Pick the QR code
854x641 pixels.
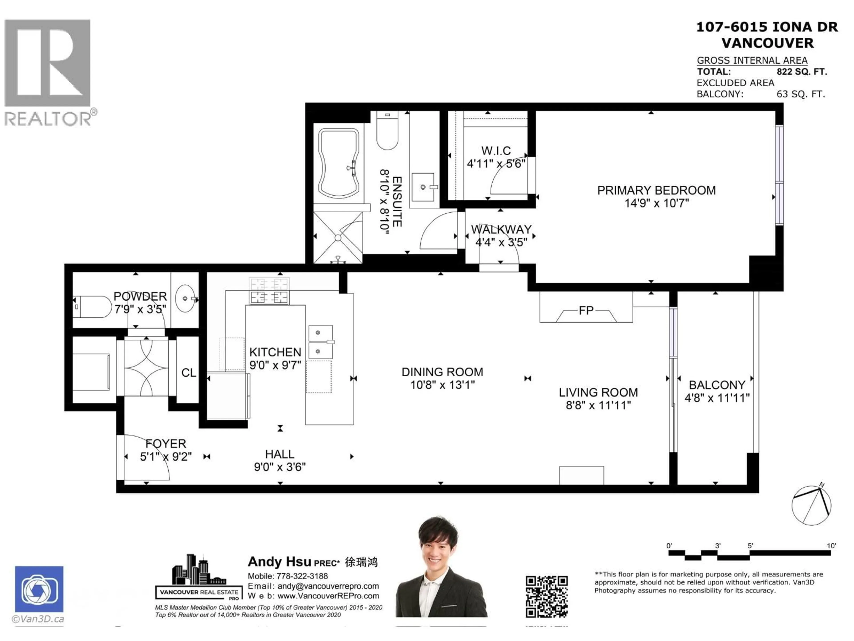(x=546, y=596)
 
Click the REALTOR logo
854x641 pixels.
(x=48, y=71)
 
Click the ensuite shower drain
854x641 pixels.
(x=338, y=238)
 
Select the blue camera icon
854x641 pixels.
(x=39, y=589)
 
